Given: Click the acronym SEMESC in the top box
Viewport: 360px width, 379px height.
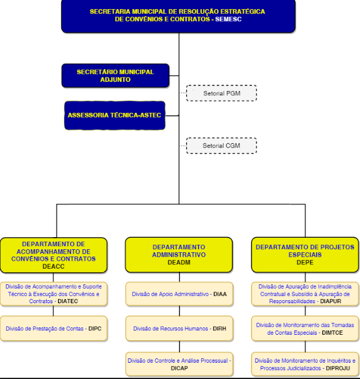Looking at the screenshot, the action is (228, 19).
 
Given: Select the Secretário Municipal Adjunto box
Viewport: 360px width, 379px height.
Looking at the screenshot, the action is (116, 76).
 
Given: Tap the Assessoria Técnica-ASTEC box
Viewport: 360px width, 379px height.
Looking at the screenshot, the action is (115, 115).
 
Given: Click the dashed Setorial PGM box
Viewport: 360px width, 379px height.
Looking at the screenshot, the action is (221, 93).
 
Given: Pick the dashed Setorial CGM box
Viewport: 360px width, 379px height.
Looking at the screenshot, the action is (221, 146).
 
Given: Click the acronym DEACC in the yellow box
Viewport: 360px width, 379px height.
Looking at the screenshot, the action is (53, 266).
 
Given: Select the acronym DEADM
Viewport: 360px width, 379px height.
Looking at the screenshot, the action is (179, 262).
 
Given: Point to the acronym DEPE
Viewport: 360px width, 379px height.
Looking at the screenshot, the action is (305, 262).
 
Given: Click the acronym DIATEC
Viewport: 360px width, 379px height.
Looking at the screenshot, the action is (68, 301).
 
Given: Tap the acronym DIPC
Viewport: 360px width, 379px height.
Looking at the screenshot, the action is (95, 329).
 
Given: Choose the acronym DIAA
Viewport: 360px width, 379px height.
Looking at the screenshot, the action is (220, 294).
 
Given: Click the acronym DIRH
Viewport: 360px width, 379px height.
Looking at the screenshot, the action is (219, 329).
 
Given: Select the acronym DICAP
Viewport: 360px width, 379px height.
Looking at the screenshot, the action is (179, 368).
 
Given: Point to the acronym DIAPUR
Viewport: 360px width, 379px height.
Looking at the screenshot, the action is (330, 301).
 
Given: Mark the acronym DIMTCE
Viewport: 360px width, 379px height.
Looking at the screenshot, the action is (332, 332).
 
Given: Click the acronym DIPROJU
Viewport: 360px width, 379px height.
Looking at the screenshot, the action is (338, 368).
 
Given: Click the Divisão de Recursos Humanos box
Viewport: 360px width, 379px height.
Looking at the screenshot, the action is (179, 329).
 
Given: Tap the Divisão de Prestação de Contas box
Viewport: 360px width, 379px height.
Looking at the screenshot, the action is (54, 329).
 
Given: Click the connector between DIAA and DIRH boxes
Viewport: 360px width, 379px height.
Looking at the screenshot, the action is (179, 311).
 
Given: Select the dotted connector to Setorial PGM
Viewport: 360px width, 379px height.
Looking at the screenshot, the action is (184, 93).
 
